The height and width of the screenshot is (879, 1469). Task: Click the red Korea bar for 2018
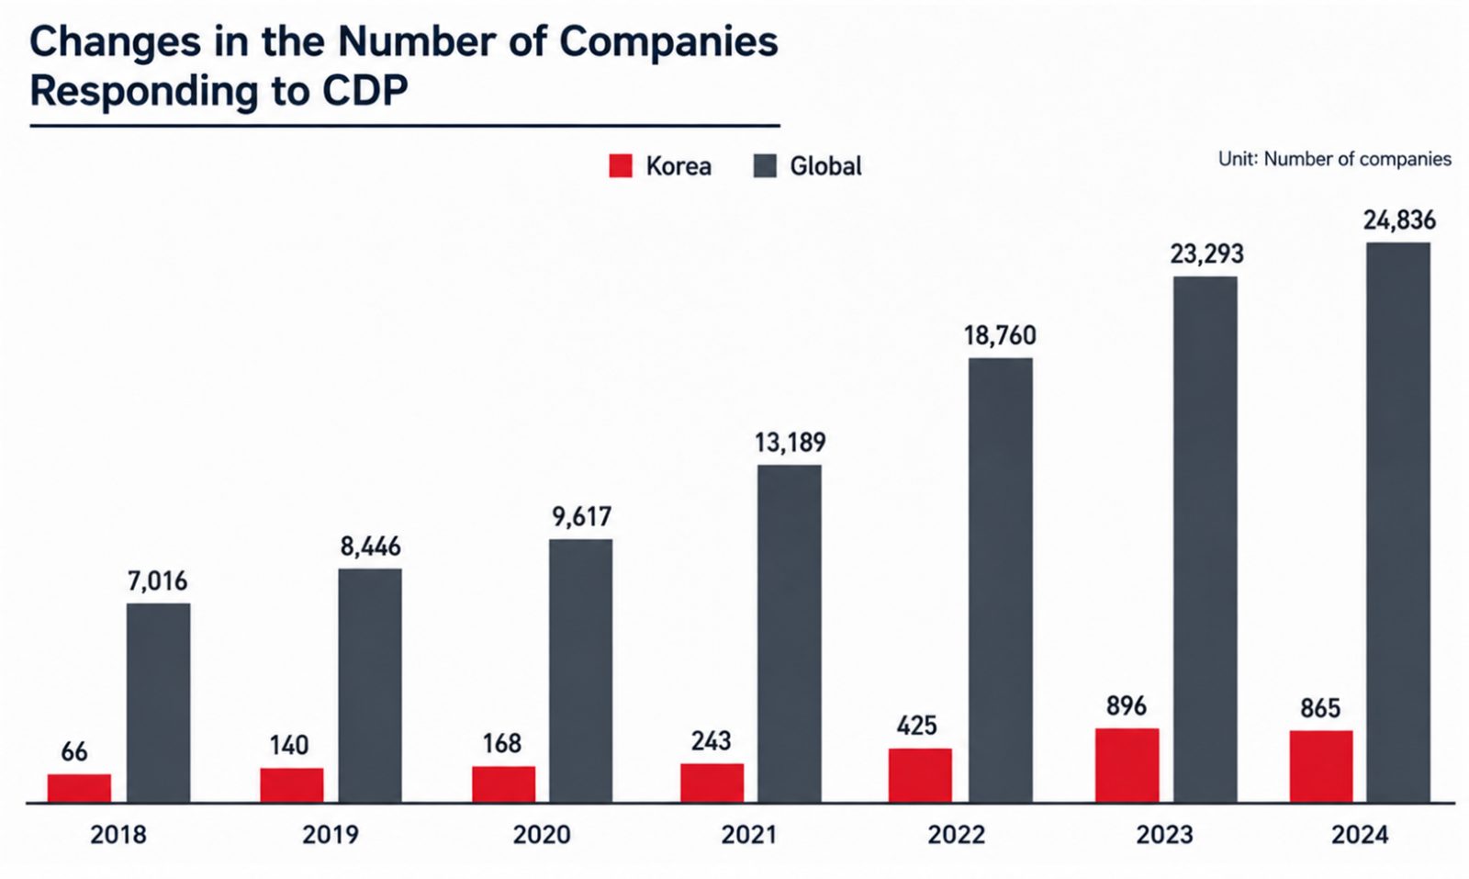[79, 788]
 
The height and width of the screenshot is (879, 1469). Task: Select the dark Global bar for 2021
[790, 634]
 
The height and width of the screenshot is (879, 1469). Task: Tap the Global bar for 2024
[1398, 523]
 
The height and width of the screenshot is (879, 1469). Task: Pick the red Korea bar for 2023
[1127, 765]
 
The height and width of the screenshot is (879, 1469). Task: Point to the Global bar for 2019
[370, 685]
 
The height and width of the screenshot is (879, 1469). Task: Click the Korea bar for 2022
[920, 775]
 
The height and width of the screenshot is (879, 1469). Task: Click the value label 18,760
[1000, 336]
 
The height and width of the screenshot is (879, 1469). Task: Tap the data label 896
[1126, 705]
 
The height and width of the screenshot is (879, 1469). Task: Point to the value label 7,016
[157, 581]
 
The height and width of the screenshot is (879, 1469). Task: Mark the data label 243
[711, 741]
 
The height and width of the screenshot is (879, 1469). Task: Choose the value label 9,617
[582, 517]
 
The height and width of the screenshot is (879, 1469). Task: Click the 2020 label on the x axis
[542, 835]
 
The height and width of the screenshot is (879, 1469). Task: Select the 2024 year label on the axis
[1360, 835]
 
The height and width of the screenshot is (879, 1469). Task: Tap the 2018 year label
[118, 835]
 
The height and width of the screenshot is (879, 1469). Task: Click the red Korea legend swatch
[621, 166]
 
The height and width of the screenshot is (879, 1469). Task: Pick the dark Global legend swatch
[766, 166]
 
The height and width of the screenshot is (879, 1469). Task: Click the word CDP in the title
[364, 91]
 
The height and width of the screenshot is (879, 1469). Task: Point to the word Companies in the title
[668, 42]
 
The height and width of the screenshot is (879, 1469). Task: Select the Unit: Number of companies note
[1335, 160]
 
